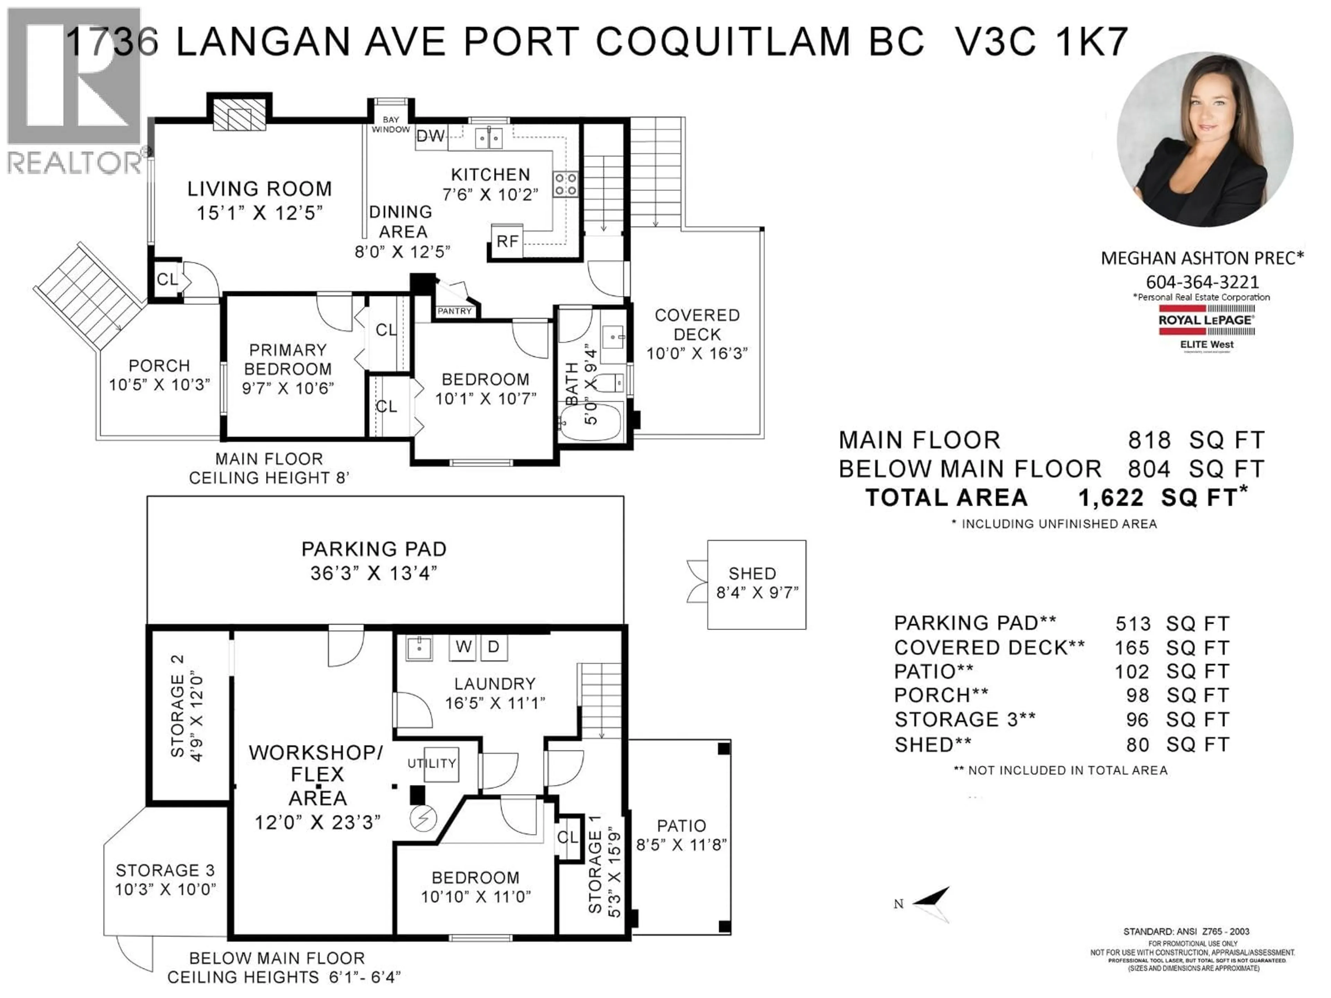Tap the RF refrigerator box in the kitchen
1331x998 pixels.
click(x=507, y=241)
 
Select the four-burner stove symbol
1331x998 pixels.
click(x=565, y=184)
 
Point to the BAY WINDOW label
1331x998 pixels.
click(x=391, y=124)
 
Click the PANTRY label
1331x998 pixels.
click(x=454, y=311)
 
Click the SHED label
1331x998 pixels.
click(x=752, y=573)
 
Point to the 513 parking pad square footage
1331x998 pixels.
click(x=1132, y=624)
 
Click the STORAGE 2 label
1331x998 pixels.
click(x=177, y=706)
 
